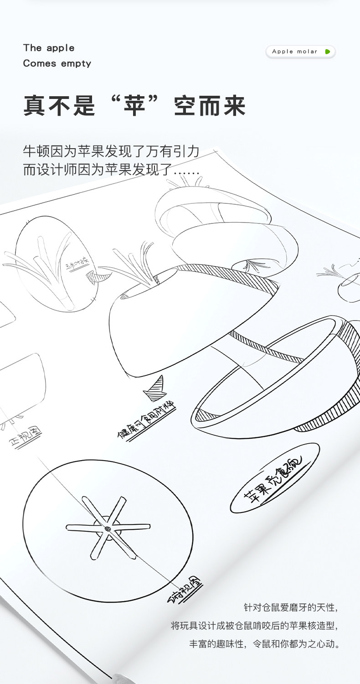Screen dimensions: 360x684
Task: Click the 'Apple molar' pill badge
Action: coord(300,52)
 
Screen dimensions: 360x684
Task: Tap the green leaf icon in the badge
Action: coord(327,52)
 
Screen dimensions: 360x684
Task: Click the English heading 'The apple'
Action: coord(49,48)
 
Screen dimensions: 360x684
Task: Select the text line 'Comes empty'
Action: coord(57,63)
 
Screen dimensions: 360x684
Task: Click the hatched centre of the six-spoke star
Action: coord(108,529)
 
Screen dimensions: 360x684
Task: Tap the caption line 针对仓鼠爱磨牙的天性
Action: coord(292,607)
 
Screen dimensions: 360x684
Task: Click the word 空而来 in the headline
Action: coord(210,106)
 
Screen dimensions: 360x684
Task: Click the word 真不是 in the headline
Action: coord(59,106)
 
